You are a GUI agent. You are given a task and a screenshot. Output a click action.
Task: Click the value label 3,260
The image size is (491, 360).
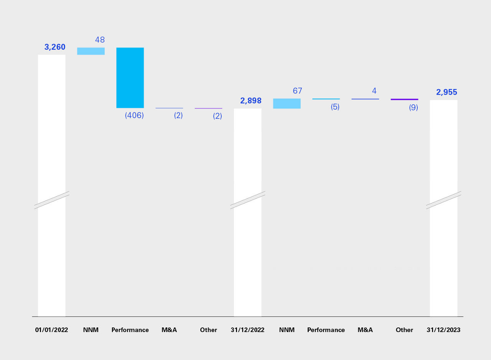click(55, 47)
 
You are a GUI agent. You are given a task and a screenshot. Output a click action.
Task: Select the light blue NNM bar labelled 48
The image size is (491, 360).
click(91, 51)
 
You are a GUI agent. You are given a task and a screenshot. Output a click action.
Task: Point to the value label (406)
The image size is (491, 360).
click(134, 115)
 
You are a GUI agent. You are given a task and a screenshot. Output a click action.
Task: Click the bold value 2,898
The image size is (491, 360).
click(251, 101)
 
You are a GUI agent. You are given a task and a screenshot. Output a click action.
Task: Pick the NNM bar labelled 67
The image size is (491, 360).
click(287, 104)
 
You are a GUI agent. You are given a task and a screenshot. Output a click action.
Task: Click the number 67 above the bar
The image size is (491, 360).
click(297, 91)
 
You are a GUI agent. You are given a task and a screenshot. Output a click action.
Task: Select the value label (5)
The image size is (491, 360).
click(335, 107)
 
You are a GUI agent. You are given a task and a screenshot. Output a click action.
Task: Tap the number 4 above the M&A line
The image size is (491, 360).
click(374, 91)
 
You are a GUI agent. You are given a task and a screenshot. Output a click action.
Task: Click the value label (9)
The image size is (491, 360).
click(413, 108)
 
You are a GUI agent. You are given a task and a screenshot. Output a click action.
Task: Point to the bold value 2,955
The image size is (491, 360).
click(447, 92)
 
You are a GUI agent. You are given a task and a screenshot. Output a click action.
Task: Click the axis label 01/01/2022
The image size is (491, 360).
click(51, 330)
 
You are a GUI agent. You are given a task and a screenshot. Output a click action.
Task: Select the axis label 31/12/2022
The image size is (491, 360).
click(247, 330)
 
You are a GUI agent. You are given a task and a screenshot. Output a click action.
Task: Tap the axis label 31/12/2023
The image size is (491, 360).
click(443, 330)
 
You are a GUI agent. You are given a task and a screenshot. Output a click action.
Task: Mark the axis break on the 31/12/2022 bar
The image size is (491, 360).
click(248, 200)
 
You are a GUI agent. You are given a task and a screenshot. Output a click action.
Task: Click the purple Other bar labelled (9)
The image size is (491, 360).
click(404, 99)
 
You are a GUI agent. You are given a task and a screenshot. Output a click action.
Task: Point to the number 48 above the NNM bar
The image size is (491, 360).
click(100, 40)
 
